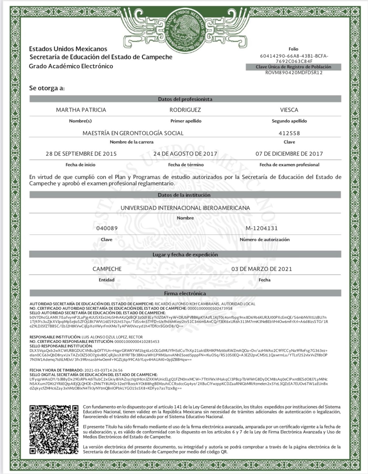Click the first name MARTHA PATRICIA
pyautogui.click(x=81, y=110)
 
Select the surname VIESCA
pyautogui.click(x=289, y=110)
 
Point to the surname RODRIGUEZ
pyautogui.click(x=185, y=110)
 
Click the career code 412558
pyautogui.click(x=289, y=133)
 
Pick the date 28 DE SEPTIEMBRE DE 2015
pyautogui.click(x=81, y=154)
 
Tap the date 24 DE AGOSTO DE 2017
pyautogui.click(x=185, y=154)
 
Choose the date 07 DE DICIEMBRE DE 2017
pyautogui.click(x=289, y=154)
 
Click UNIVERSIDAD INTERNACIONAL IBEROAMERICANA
pyautogui.click(x=185, y=208)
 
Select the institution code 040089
pyautogui.click(x=107, y=228)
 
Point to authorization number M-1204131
pyautogui.click(x=262, y=228)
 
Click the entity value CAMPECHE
pyautogui.click(x=107, y=269)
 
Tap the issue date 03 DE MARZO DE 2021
pyautogui.click(x=262, y=269)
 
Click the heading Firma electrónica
pyautogui.click(x=185, y=293)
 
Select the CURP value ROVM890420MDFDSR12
pyautogui.click(x=294, y=73)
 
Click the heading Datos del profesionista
pyautogui.click(x=185, y=99)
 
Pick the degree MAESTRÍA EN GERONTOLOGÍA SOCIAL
pyautogui.click(x=133, y=133)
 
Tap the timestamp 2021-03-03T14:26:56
pyautogui.click(x=103, y=370)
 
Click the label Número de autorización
pyautogui.click(x=264, y=239)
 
